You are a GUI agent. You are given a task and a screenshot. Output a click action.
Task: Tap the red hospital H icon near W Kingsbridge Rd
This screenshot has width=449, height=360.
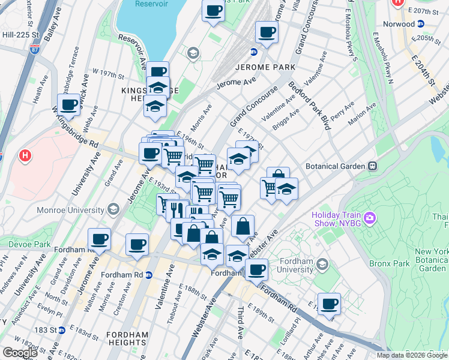coord(25,156)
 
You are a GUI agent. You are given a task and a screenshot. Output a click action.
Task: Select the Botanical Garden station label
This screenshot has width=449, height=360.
coord(335,165)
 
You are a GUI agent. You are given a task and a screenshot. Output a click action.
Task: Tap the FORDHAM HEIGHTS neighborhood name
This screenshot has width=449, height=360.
coord(131,334)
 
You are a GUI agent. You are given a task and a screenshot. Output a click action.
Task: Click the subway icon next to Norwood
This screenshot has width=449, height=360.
coord(421,25)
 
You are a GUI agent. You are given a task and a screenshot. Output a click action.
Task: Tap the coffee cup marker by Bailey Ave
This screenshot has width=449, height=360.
coord(70,105)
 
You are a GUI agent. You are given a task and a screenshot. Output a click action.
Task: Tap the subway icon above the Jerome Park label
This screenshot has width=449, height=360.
coord(254,52)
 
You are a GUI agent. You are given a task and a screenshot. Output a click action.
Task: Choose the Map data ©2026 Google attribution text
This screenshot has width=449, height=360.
coord(412,355)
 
